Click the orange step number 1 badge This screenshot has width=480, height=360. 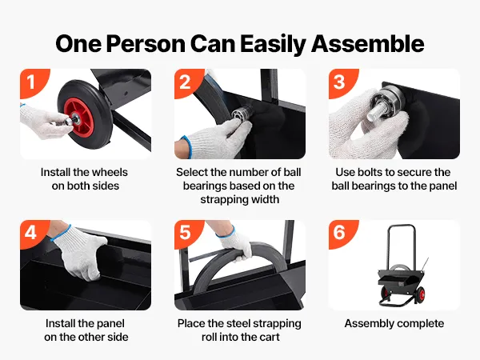point(33,82)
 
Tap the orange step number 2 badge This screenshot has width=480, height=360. point(187,82)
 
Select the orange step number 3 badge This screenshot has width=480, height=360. point(342,82)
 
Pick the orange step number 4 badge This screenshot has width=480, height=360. point(33,233)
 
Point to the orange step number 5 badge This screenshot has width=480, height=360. point(187,233)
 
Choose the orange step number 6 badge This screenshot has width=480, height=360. point(342,233)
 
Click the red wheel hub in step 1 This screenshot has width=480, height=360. point(79,118)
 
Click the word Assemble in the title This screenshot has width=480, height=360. point(368,44)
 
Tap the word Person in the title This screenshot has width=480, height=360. point(146,44)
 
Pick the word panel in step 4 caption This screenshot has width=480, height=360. point(110,323)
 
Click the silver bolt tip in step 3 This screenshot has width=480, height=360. point(374,114)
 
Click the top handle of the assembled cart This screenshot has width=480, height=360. point(402,226)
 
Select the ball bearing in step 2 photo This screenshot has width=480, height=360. point(241,113)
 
